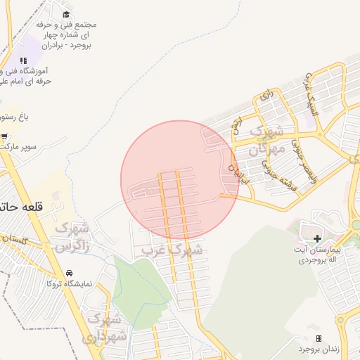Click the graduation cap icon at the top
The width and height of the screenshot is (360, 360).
(66, 14)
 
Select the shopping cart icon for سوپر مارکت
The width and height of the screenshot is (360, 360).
(5, 136)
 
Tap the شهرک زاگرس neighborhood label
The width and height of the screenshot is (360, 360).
(72, 238)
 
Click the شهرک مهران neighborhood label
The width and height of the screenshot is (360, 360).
(269, 141)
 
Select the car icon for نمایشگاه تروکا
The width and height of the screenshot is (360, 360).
(69, 272)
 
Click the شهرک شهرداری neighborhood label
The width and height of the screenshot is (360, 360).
(103, 328)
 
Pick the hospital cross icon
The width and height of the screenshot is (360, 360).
(317, 238)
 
